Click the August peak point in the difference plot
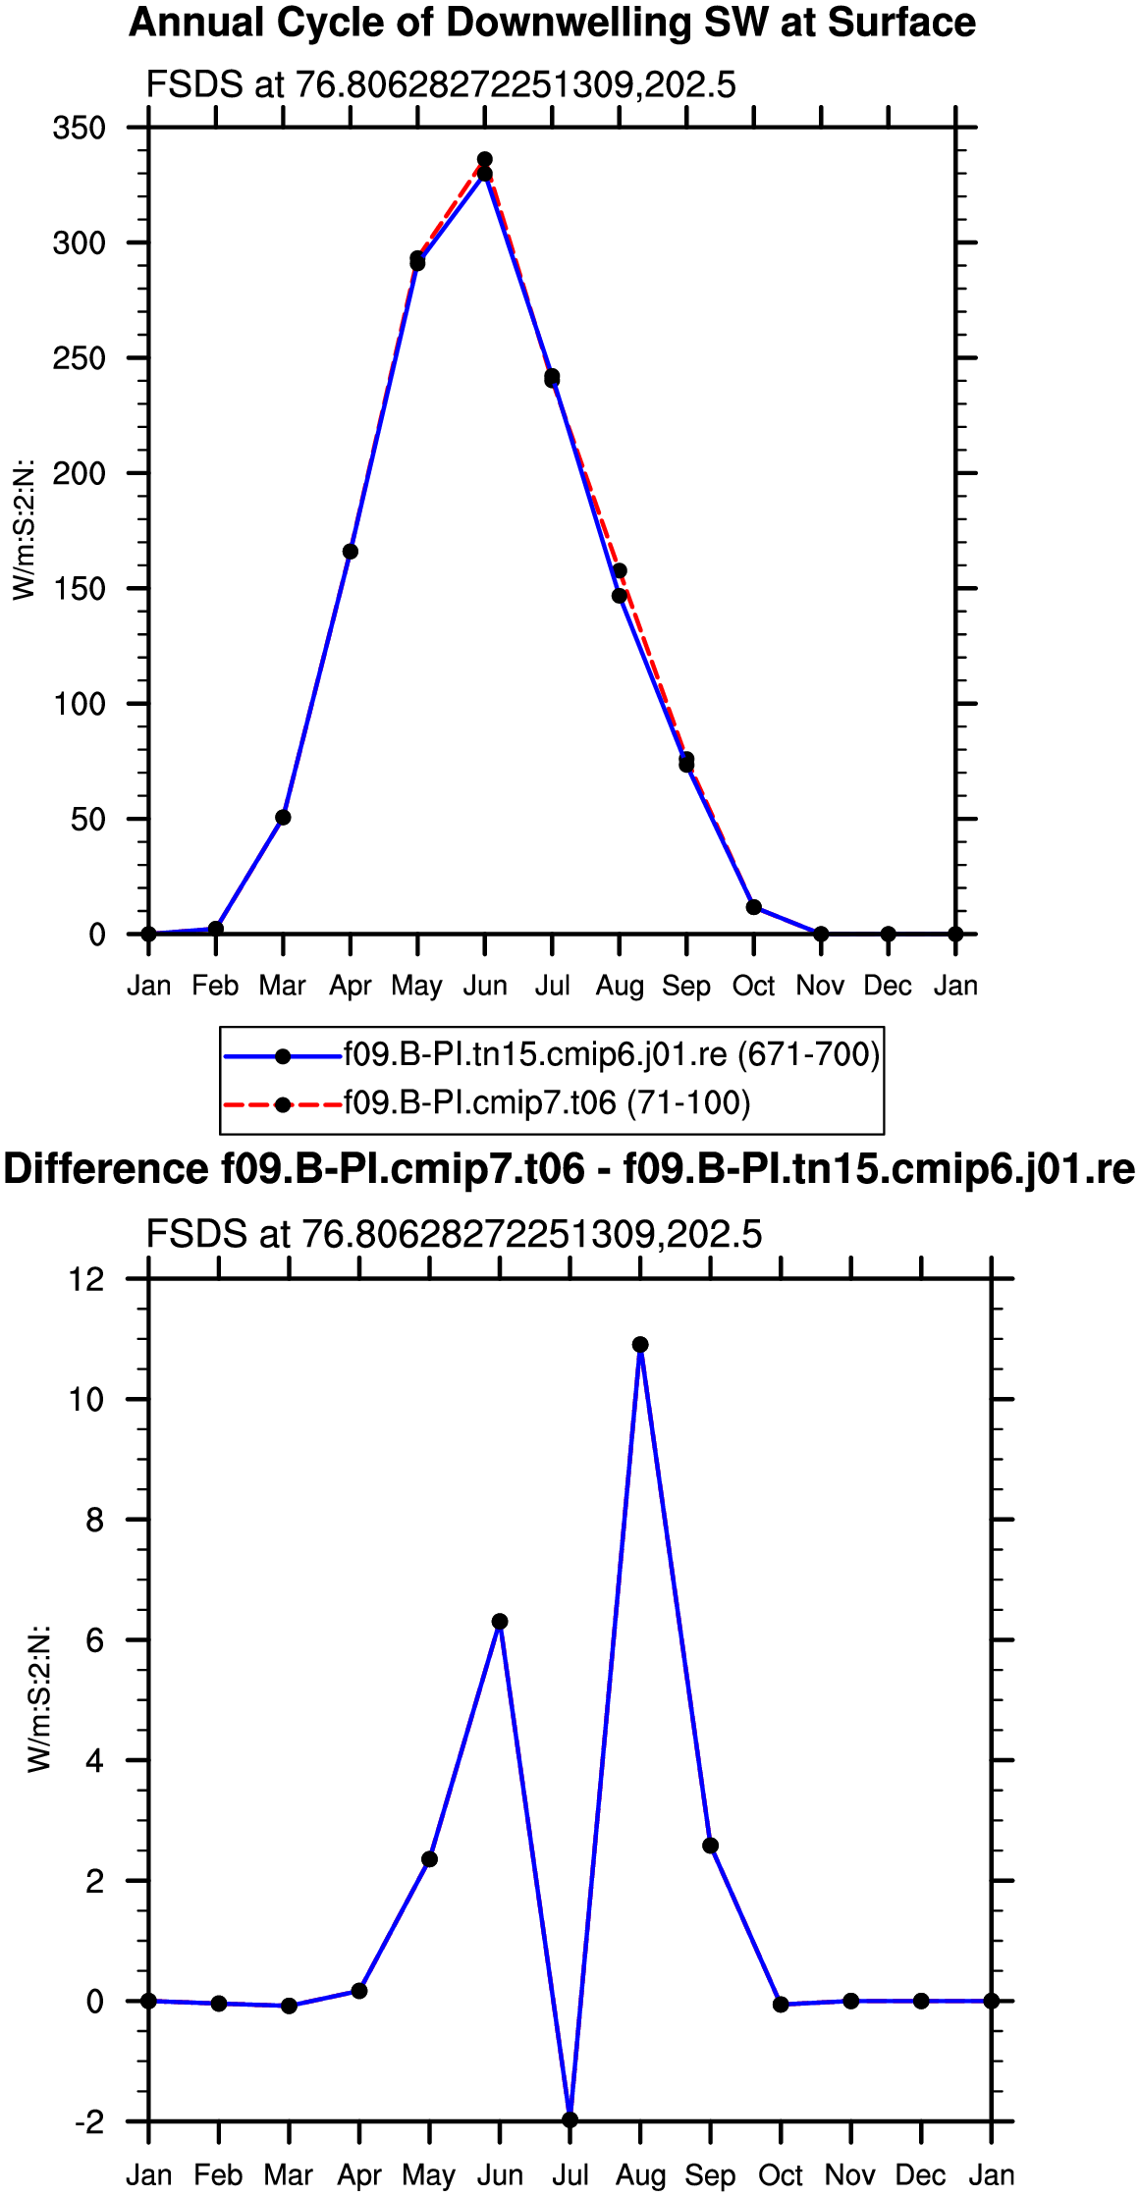(640, 1345)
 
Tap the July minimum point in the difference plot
(570, 2120)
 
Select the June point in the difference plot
(500, 1622)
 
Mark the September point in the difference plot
(711, 1847)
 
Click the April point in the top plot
(351, 552)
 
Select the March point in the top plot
(283, 818)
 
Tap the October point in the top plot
(754, 907)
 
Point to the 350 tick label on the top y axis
(80, 128)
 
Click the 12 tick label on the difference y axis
(86, 1279)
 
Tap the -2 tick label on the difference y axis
(88, 2122)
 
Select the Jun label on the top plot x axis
(485, 986)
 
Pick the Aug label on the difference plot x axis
(640, 2176)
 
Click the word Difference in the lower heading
(106, 1170)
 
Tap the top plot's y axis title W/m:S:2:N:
(24, 530)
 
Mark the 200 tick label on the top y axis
(80, 473)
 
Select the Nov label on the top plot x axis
(821, 986)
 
